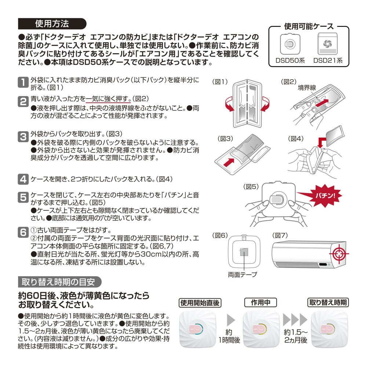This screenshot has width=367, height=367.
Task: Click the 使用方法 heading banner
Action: (51, 24)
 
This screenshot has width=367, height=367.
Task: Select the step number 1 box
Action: (22, 82)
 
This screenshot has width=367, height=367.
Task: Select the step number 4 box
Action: (22, 179)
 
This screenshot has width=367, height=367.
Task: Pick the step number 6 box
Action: (22, 232)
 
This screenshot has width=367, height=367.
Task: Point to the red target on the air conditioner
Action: (338, 254)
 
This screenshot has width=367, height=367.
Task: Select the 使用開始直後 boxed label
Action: (200, 303)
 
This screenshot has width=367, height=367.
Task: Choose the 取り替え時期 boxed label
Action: (328, 303)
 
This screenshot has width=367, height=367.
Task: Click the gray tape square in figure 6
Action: (243, 252)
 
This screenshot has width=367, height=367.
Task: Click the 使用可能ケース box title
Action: (308, 26)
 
